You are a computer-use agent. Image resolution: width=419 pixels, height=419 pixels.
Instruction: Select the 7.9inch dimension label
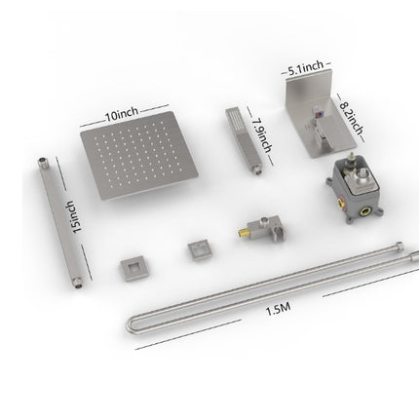[x=262, y=134]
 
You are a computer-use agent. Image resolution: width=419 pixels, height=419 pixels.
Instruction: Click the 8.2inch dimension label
[x=351, y=118]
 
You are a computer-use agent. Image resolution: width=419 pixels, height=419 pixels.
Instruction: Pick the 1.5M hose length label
[x=278, y=310]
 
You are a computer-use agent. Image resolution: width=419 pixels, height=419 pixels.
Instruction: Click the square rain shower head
[x=138, y=156]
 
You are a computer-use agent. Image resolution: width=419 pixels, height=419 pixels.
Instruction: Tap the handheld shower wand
[x=243, y=140]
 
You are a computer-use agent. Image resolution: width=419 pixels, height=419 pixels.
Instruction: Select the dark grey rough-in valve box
[x=355, y=189]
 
